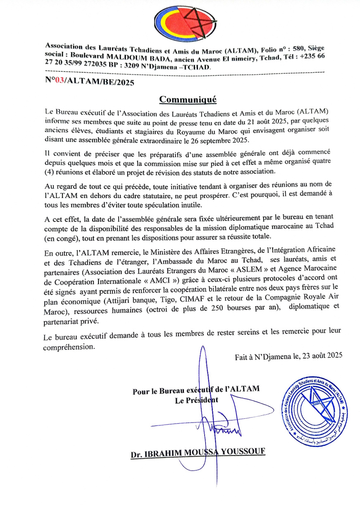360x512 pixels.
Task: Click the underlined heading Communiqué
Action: (188, 100)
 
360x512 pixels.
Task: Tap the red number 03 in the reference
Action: (60, 81)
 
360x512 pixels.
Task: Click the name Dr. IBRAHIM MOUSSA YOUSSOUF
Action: (198, 452)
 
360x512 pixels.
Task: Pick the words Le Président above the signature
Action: (197, 400)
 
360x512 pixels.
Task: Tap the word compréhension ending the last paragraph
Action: (69, 348)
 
